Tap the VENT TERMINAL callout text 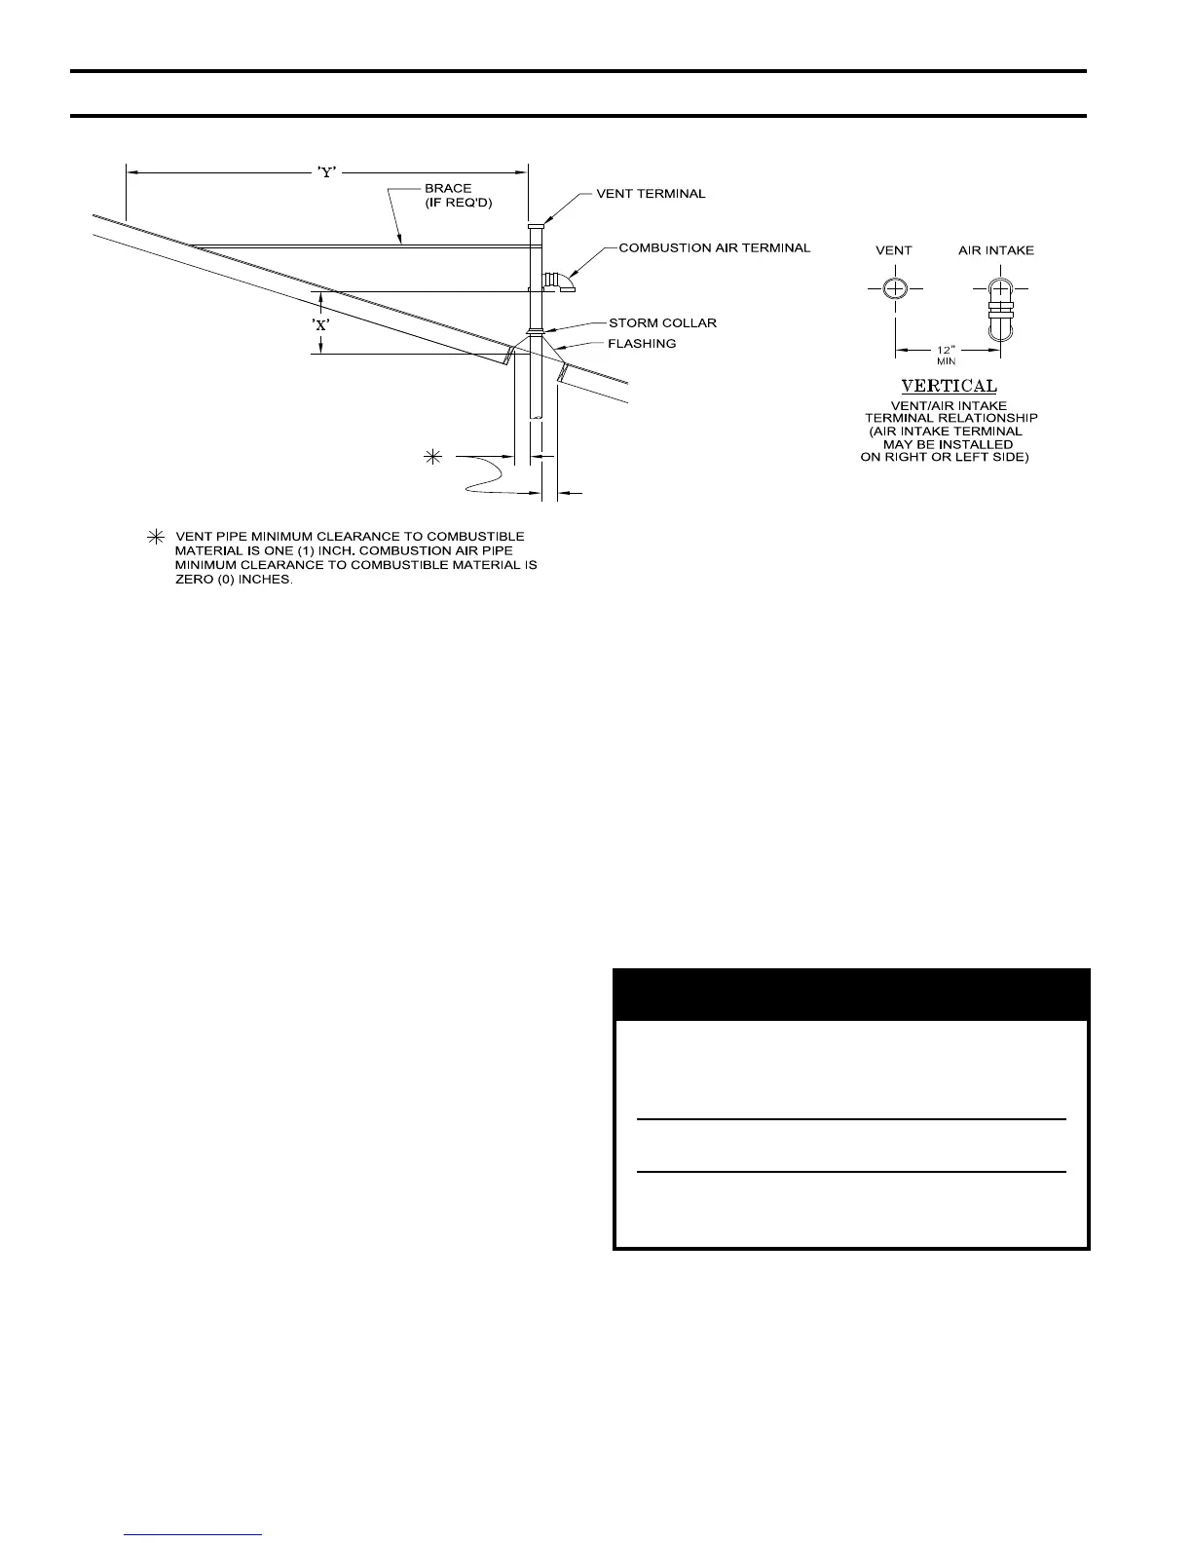[x=651, y=194]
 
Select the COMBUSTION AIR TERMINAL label [x=714, y=247]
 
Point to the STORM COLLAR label [x=662, y=322]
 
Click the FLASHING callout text [x=642, y=343]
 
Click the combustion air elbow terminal [x=560, y=282]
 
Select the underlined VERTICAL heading [x=949, y=387]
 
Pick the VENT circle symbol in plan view [x=895, y=289]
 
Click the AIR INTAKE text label [x=995, y=250]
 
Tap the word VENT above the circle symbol [x=893, y=250]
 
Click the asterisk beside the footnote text [x=154, y=537]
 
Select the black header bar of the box [x=850, y=994]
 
